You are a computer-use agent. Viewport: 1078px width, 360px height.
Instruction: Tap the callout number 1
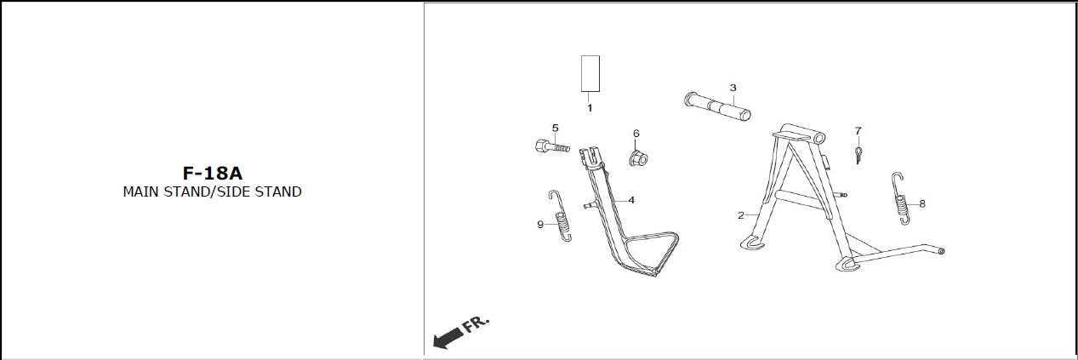click(x=589, y=108)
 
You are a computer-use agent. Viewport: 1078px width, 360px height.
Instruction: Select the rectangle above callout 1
click(x=590, y=73)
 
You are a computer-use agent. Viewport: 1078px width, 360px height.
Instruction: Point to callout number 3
click(x=733, y=88)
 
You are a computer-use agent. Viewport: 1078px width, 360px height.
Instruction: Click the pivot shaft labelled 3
click(x=718, y=107)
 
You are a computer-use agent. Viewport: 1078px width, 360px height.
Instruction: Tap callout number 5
click(x=555, y=129)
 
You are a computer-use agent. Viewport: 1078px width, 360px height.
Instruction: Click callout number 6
click(x=636, y=134)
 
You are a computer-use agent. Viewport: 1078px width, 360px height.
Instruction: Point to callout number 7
click(x=858, y=131)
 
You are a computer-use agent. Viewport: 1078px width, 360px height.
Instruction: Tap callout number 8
click(x=922, y=204)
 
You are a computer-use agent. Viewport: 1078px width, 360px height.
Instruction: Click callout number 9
click(x=539, y=225)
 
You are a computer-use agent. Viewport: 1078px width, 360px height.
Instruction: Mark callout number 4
click(x=631, y=200)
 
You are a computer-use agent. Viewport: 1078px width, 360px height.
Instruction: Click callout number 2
click(x=741, y=215)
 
